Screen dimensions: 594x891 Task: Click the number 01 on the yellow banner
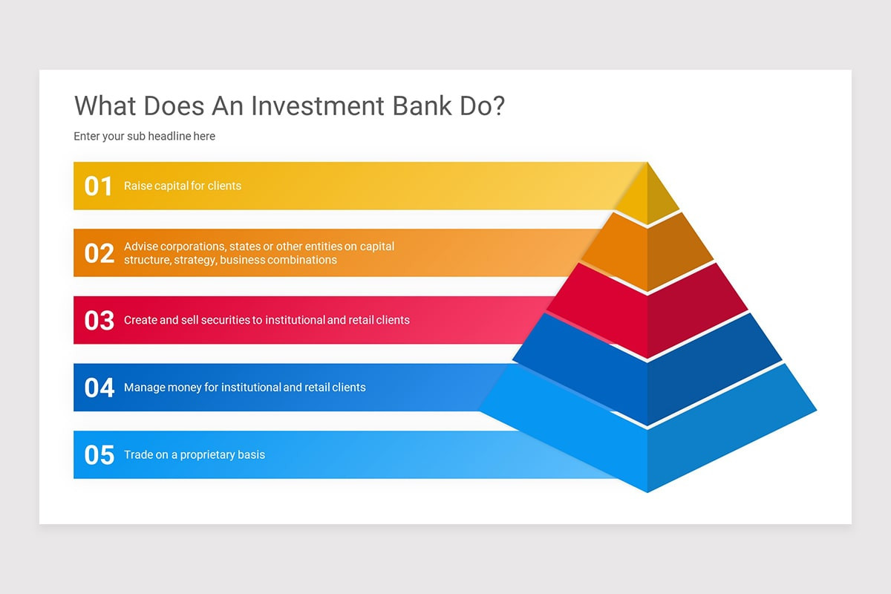coord(98,186)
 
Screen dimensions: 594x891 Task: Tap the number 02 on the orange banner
coord(99,253)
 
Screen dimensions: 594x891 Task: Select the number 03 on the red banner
coord(99,320)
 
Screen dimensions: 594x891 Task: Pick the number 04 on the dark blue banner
coord(99,388)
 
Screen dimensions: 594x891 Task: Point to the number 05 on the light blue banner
coord(99,454)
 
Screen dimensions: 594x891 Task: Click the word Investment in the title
coord(317,105)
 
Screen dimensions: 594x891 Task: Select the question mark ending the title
coord(498,105)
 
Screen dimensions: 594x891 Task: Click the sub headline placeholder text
coord(144,137)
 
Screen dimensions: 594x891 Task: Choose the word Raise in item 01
coord(138,186)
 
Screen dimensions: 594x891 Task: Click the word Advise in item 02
coord(141,246)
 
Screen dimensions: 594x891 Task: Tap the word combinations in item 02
coord(300,260)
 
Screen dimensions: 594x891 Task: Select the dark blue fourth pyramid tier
coord(647,375)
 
